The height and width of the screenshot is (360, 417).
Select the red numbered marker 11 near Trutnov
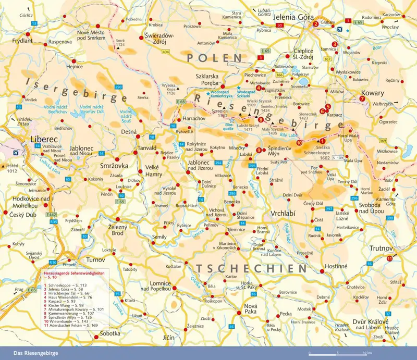coord(389,258)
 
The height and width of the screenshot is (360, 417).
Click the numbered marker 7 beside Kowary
coord(361,98)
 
